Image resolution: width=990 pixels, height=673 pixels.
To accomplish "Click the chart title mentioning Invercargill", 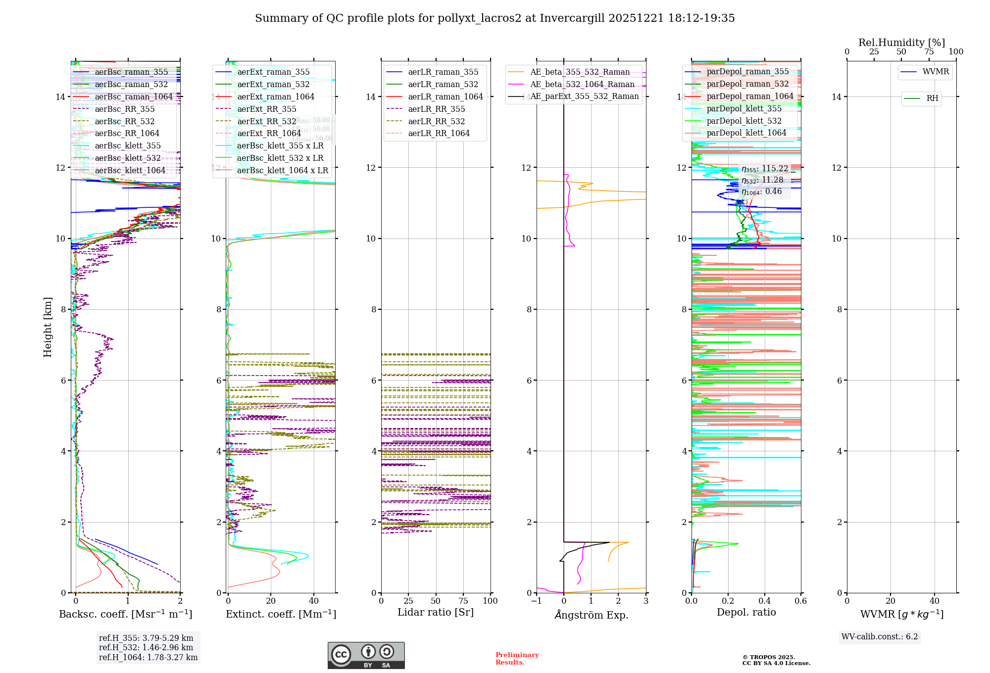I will (495, 18).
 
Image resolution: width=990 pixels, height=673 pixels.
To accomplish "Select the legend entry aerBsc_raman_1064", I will (134, 96).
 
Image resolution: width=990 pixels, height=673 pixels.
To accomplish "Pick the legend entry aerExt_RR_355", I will (267, 109).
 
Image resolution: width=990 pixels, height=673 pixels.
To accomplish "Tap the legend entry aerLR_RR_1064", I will (439, 133).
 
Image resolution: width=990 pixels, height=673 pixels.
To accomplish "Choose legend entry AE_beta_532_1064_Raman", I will (582, 84).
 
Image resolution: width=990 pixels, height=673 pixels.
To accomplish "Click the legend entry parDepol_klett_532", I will (744, 121).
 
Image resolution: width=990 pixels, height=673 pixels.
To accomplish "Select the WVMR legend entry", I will (936, 72).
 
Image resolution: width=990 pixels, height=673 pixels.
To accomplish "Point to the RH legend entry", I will (932, 98).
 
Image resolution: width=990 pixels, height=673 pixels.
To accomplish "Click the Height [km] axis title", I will (48, 327).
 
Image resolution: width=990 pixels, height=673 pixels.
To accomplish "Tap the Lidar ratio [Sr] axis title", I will (436, 612).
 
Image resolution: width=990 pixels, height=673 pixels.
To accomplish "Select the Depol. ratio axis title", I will (746, 612).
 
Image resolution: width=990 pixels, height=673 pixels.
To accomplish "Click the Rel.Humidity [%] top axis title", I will (901, 43).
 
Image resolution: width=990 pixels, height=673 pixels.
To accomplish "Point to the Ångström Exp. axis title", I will (591, 615).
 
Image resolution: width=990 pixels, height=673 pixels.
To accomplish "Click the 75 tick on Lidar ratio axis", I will (463, 601).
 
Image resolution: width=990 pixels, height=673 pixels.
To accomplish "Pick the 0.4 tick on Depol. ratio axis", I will (764, 601).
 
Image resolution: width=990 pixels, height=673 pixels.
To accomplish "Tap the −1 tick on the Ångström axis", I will (537, 601).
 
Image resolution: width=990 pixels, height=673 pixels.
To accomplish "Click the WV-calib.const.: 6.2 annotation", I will (880, 637).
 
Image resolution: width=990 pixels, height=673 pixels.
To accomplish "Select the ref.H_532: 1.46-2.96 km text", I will (146, 648).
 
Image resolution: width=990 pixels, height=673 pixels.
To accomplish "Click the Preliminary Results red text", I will (517, 659).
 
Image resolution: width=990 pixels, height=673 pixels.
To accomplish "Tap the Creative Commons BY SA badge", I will (366, 656).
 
